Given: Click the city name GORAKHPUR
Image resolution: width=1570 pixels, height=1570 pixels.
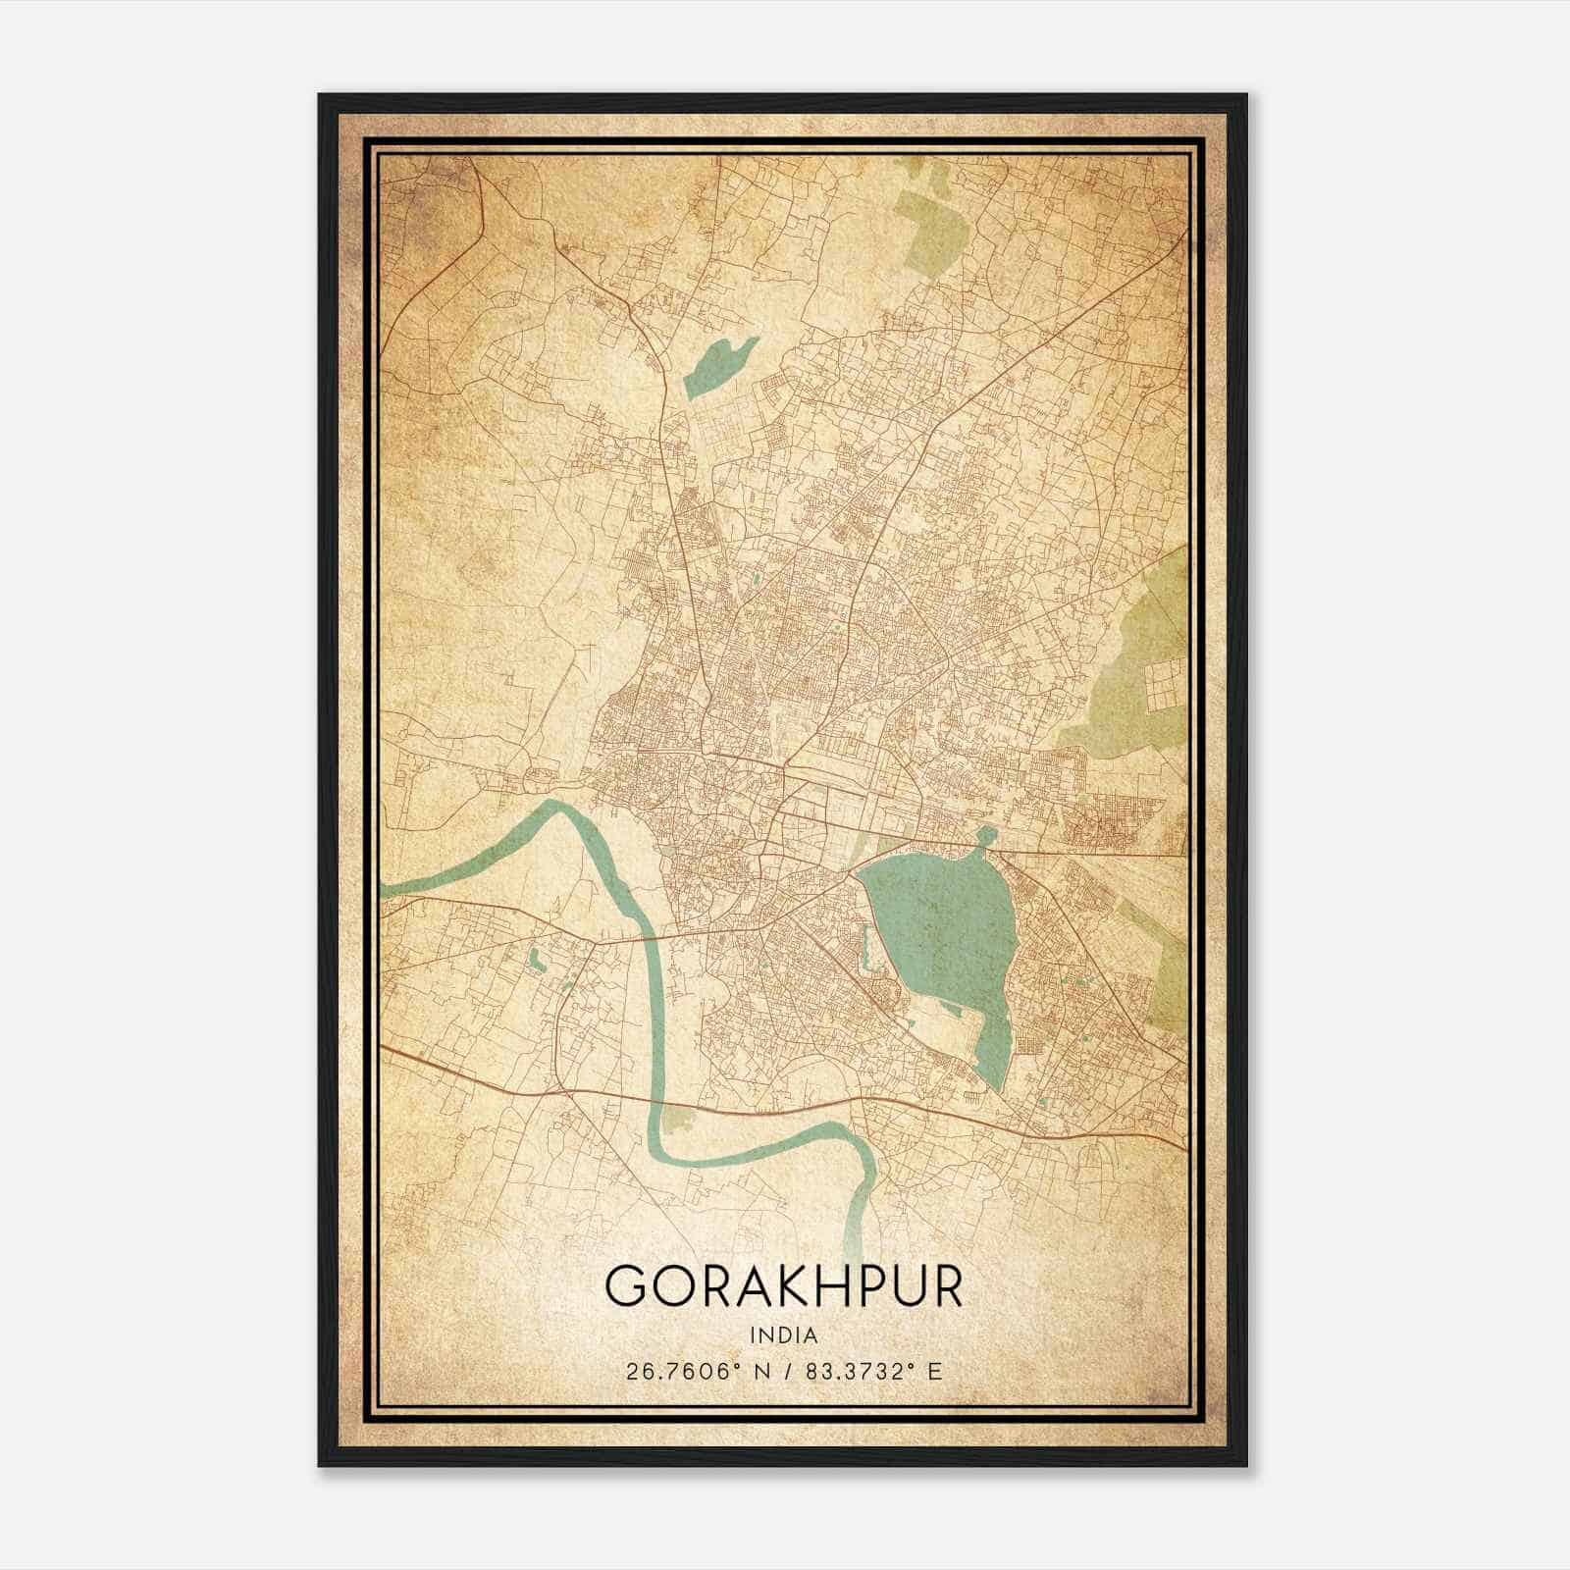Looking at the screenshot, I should click(784, 1285).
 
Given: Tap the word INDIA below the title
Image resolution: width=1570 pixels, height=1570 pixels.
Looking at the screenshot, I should click(784, 1334).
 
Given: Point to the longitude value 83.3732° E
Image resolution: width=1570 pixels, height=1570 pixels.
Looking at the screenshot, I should click(873, 1371).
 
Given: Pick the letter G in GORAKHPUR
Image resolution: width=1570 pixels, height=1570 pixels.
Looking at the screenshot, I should click(626, 1285).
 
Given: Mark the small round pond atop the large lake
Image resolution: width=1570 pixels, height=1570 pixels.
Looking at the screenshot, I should click(985, 836).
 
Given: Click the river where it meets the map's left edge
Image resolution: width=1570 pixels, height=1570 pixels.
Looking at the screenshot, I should click(388, 890).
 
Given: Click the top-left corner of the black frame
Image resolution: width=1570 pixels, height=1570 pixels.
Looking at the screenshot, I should click(321, 96).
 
